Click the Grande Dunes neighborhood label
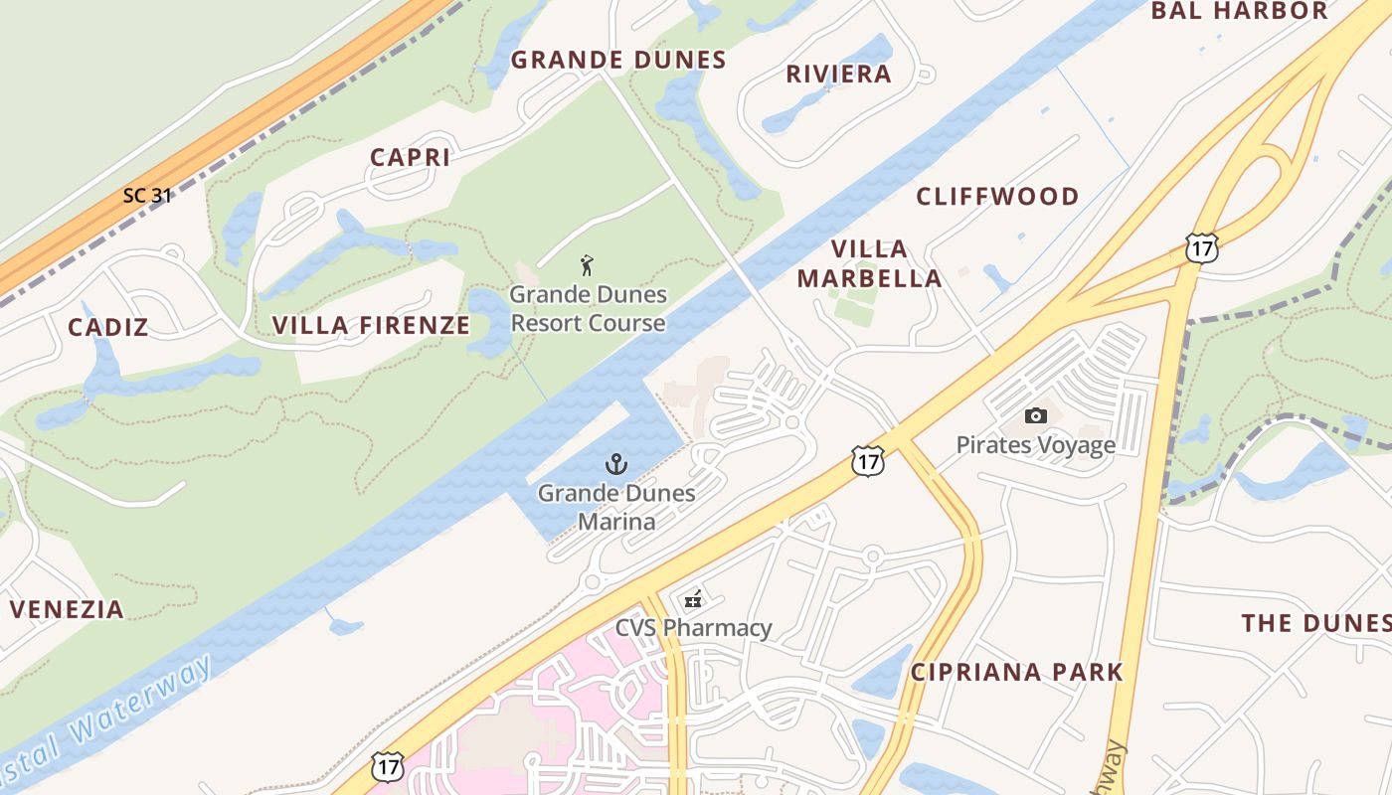(618, 61)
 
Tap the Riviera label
(838, 75)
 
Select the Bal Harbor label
(1239, 12)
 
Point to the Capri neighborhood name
(410, 157)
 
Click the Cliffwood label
(997, 197)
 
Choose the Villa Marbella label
(869, 263)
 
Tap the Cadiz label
(108, 327)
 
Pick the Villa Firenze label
(371, 325)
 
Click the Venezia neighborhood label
(67, 609)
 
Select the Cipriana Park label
(1017, 672)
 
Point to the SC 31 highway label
(147, 196)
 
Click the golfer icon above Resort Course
(587, 265)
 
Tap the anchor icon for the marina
(616, 464)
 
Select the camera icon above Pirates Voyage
(1035, 416)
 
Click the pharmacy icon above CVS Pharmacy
(693, 599)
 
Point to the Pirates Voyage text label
(1035, 445)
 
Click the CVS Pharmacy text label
(693, 628)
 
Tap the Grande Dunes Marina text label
(616, 507)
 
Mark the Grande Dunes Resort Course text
(587, 309)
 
